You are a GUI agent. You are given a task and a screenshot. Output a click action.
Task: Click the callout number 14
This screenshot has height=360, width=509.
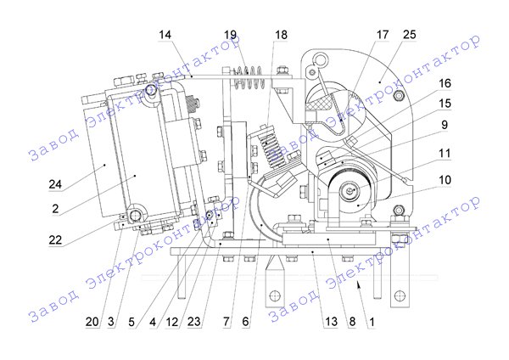(164, 35)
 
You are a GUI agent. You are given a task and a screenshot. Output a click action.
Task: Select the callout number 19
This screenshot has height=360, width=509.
(231, 35)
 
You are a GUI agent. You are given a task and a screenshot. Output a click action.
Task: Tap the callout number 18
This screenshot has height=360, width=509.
(281, 35)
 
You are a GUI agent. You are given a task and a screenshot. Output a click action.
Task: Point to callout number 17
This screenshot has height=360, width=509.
(383, 35)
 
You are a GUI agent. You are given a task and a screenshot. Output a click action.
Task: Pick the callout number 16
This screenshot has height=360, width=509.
(444, 85)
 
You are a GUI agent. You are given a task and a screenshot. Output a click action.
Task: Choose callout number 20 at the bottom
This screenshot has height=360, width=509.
(91, 322)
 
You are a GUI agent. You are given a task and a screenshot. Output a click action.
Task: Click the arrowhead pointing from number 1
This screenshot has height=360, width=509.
(360, 288)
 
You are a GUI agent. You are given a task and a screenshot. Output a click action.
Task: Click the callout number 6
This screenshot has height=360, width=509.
(246, 322)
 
